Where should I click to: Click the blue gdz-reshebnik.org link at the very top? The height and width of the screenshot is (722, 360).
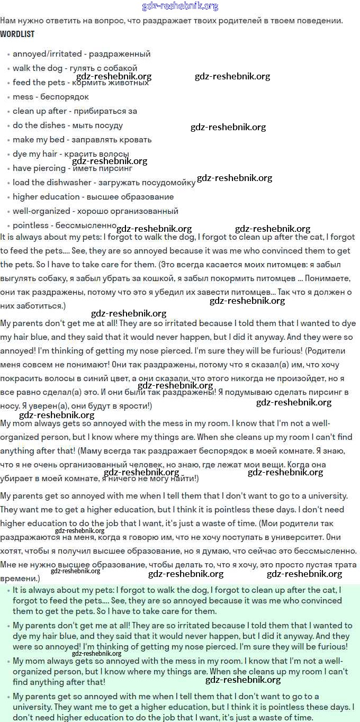click(180, 6)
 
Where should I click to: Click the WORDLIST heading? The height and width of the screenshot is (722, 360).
click(17, 34)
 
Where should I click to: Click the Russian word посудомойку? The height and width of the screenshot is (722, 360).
click(166, 183)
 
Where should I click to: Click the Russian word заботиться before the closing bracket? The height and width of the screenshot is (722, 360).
click(39, 306)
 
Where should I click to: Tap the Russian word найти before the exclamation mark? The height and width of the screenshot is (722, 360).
click(181, 479)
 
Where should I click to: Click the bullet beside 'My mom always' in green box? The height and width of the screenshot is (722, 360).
click(9, 662)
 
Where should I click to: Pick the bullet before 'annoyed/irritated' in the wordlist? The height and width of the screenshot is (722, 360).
click(9, 55)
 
